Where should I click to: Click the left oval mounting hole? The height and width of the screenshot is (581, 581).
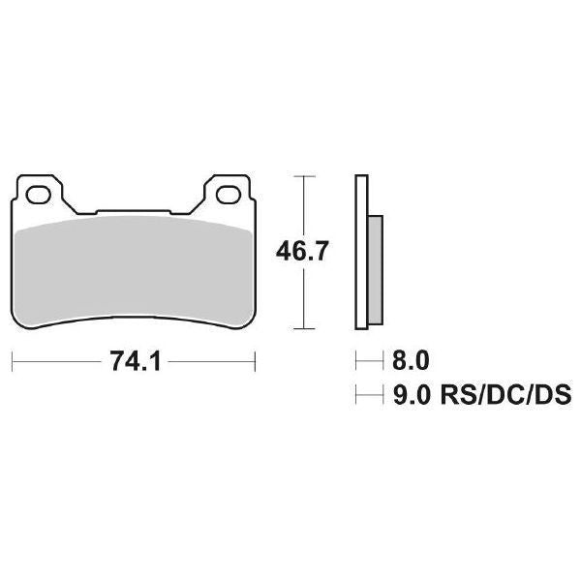coord(41,195)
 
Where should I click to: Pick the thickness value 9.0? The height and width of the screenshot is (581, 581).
coord(408,395)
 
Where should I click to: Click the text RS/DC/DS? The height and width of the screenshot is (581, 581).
coord(504,395)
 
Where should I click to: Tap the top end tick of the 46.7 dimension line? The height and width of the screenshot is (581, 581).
coord(305,176)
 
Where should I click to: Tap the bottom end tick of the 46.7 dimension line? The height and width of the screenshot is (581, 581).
coord(305,329)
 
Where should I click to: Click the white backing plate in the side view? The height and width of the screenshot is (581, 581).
coord(361,252)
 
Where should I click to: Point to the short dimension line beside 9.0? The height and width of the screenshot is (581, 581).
coord(369,395)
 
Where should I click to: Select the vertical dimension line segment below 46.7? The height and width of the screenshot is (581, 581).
coord(305,300)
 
